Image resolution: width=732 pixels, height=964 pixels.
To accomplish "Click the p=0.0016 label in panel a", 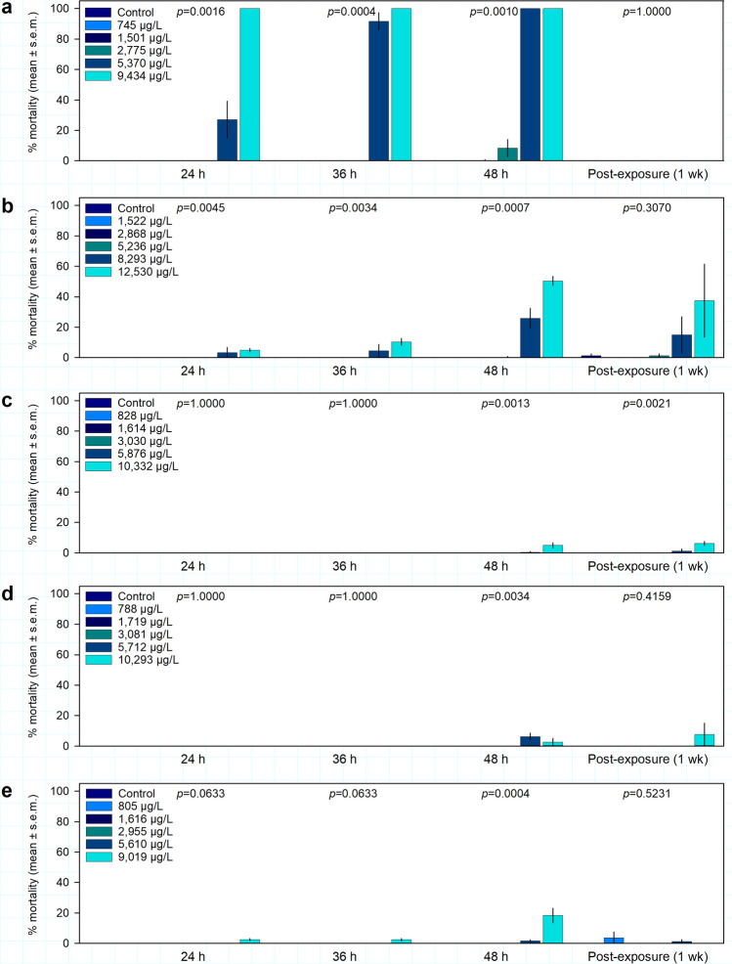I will pos(203,12).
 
